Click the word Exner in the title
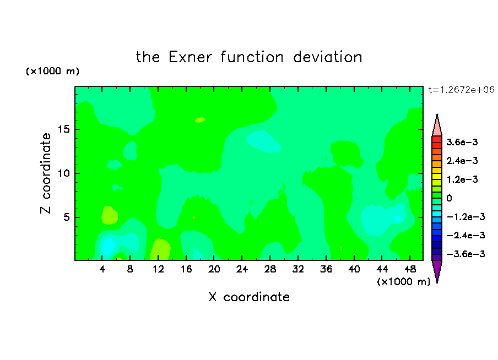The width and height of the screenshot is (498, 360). [x=190, y=57]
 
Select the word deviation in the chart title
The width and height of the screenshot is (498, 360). [x=327, y=57]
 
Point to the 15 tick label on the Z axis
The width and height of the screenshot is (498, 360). [x=63, y=129]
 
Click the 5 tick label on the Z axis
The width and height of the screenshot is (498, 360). [x=66, y=217]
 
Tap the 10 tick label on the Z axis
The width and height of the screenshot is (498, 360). [x=63, y=173]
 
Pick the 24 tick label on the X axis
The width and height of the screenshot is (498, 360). [x=242, y=269]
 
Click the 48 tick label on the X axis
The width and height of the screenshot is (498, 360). [x=410, y=269]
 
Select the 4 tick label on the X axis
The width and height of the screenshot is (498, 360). [x=102, y=269]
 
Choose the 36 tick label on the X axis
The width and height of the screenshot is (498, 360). [x=326, y=269]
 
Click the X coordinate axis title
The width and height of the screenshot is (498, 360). [x=249, y=297]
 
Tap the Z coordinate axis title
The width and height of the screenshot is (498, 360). [x=46, y=173]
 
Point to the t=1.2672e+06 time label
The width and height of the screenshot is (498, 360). [x=461, y=90]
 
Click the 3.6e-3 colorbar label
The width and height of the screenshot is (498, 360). [x=462, y=142]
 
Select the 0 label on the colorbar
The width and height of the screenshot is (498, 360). [x=449, y=198]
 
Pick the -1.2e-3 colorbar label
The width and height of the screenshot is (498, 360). [x=465, y=217]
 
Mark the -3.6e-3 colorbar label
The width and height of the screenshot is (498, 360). [x=465, y=254]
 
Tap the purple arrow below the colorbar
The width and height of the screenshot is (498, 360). [x=437, y=270]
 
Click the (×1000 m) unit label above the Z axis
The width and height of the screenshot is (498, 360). [x=52, y=71]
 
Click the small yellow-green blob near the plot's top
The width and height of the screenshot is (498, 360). [x=200, y=120]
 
